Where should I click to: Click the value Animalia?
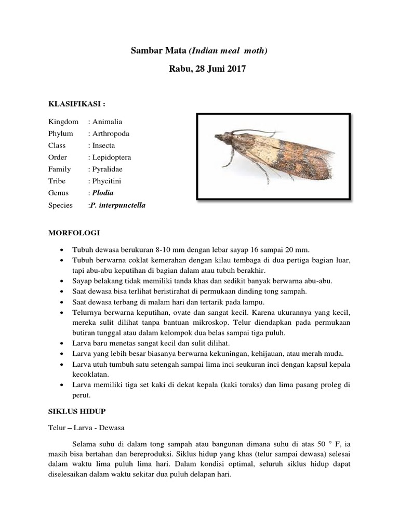107,122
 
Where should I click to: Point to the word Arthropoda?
111,134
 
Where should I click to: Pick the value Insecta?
103,145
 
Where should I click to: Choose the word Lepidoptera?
111,157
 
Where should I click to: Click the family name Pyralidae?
108,169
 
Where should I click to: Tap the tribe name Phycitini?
107,181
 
